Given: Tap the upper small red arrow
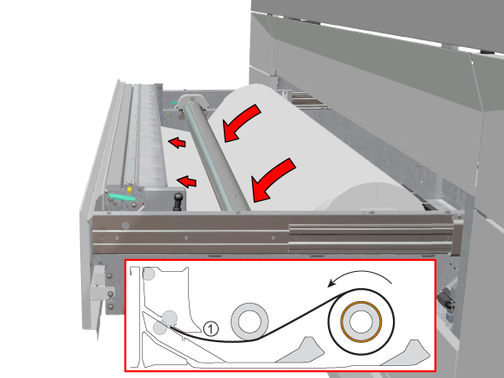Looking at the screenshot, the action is (178, 142).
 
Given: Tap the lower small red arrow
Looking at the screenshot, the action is (187, 181).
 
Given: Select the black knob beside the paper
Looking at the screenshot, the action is (178, 201).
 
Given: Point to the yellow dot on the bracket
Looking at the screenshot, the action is (129, 190).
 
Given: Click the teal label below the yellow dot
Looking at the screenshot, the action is (122, 198).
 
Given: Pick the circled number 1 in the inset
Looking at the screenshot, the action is (211, 328).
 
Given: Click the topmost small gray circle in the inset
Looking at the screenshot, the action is (149, 274).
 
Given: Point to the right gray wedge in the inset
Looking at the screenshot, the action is (409, 354).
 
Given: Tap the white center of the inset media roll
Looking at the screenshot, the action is (361, 322).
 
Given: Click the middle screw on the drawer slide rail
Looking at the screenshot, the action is (186, 238).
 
